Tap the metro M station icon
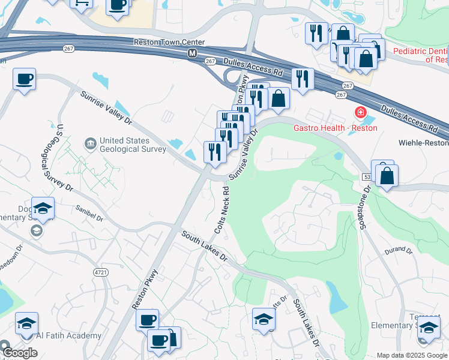[x=192, y=53]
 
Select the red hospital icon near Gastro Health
[x=360, y=112]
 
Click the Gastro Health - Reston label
[x=335, y=128]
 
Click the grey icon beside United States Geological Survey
[x=91, y=143]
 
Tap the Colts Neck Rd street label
[x=222, y=210]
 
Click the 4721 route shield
[x=101, y=272]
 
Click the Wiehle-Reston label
[x=424, y=143]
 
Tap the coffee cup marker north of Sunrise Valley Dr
[x=24, y=79]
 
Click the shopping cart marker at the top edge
[x=80, y=3]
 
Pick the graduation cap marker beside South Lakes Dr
[x=264, y=319]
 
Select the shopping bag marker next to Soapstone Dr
[x=387, y=176]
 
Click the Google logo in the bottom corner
[x=19, y=353]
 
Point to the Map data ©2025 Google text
[x=411, y=355]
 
